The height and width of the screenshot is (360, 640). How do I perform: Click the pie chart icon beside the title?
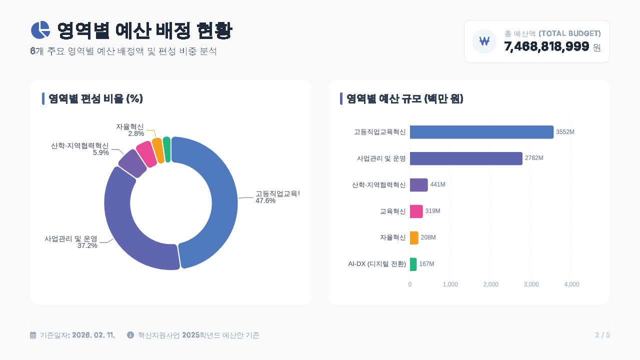[40, 30]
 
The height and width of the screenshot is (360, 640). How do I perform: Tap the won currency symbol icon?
[484, 41]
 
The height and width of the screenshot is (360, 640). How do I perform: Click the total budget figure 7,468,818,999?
[546, 47]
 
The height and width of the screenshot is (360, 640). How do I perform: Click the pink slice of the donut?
[145, 154]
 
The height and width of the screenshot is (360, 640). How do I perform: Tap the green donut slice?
[167, 149]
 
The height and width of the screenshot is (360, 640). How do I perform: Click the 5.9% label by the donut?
[101, 152]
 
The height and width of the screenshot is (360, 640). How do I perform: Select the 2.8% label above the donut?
[136, 133]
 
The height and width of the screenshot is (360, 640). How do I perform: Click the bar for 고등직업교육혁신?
[481, 132]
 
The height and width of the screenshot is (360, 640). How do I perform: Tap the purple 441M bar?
[418, 184]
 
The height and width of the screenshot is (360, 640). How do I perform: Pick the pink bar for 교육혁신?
[416, 211]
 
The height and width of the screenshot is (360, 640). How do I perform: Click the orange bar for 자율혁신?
[414, 237]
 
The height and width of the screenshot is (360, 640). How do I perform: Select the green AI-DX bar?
[413, 264]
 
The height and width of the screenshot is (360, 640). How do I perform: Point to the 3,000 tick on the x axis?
[531, 284]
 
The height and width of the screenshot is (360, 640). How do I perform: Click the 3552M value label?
[565, 132]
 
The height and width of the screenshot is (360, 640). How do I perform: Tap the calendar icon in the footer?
[33, 335]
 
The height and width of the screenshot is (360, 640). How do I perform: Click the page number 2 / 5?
[602, 335]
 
